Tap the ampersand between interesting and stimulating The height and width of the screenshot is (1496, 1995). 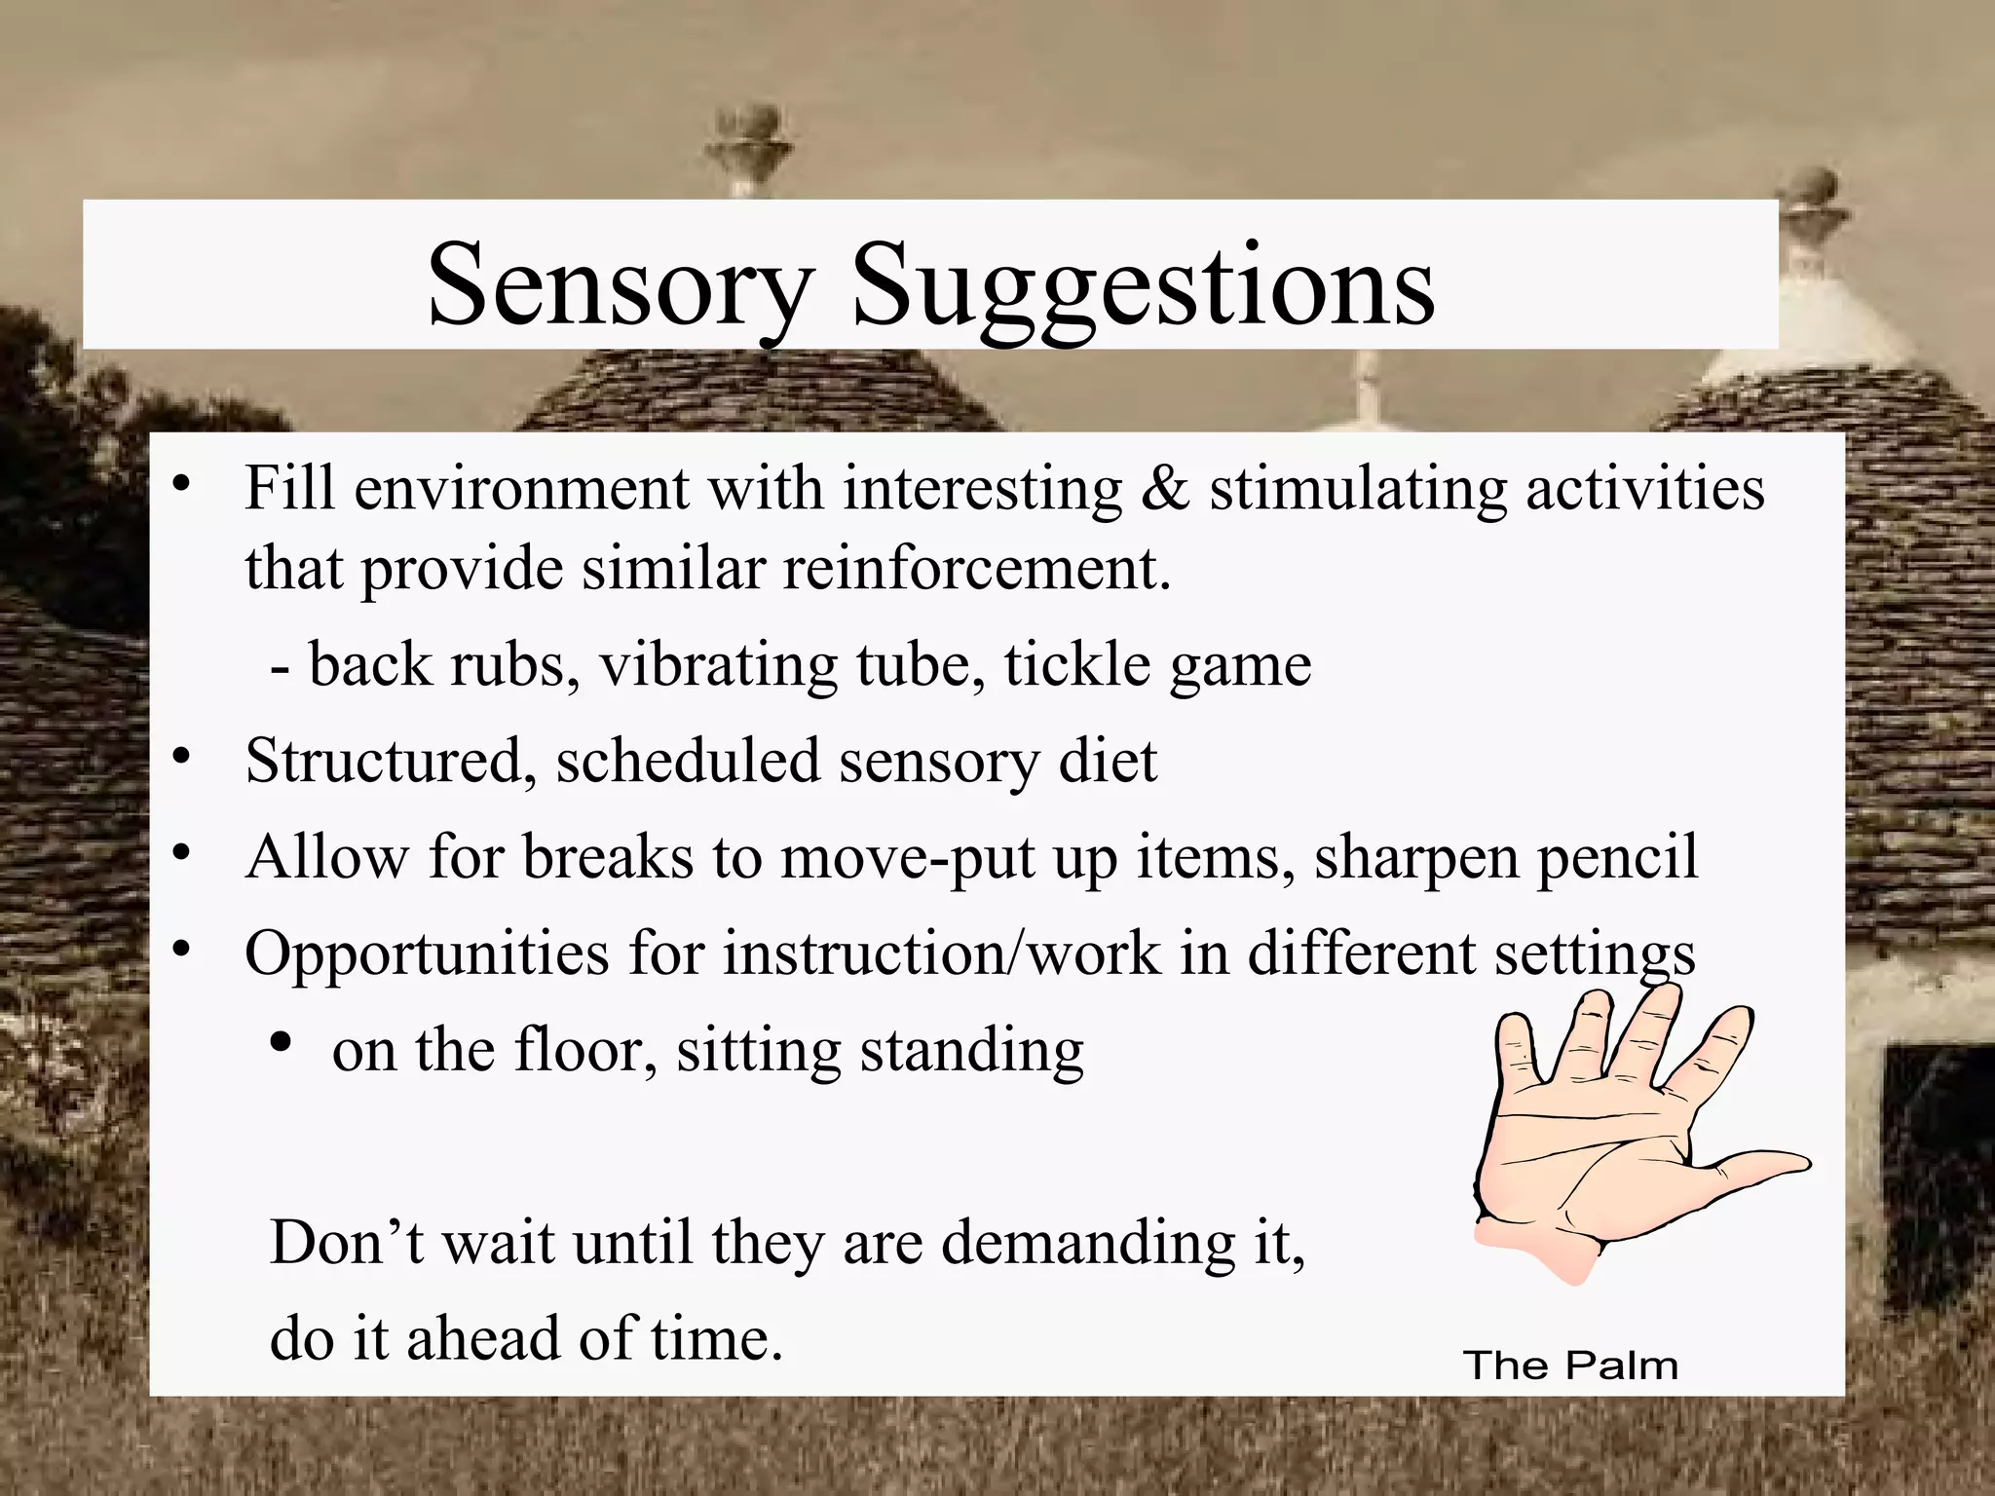point(1165,488)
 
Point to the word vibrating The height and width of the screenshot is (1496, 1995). point(717,665)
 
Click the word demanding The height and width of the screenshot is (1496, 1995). point(1082,1243)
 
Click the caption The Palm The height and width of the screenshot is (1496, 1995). point(1570,1365)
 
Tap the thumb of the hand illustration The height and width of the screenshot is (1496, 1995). point(1753,1169)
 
